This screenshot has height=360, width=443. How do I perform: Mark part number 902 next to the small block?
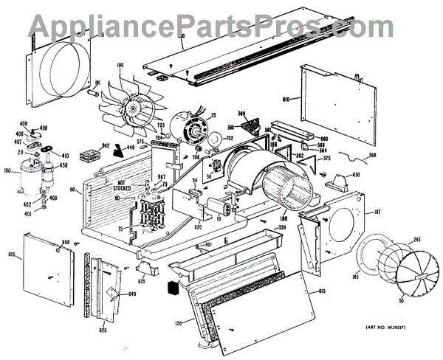pyautogui.click(x=106, y=146)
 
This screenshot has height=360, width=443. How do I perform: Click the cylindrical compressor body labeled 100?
pyautogui.click(x=30, y=175)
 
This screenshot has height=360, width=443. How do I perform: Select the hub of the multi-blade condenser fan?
pyautogui.click(x=134, y=111)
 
